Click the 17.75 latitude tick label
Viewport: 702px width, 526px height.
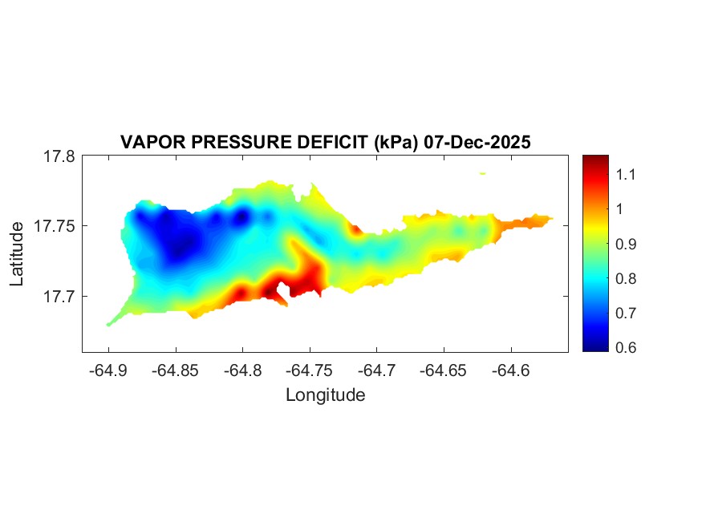point(55,226)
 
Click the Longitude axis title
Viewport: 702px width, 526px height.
point(326,394)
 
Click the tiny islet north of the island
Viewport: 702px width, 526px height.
point(483,173)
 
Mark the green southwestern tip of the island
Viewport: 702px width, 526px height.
point(113,322)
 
